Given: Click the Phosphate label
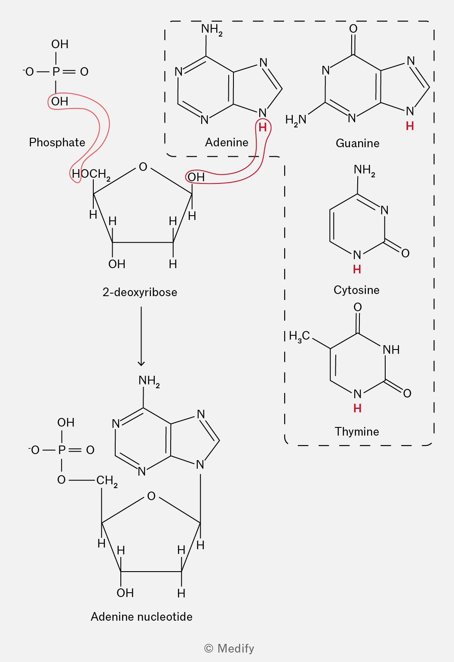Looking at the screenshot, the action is (57, 142).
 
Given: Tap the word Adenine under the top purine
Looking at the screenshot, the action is (227, 142).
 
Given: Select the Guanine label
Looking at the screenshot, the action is (357, 143).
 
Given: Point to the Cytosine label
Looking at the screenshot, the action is (356, 290).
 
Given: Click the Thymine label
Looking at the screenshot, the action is (356, 432).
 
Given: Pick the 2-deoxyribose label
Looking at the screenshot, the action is (140, 292).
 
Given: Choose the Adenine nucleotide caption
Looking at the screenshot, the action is (141, 617).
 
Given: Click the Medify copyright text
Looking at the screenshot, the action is (229, 648).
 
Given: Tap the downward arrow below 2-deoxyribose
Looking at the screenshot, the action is (141, 336).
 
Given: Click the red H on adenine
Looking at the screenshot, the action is (262, 128).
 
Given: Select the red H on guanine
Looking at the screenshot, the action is (410, 126).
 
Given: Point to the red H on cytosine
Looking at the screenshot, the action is (357, 269).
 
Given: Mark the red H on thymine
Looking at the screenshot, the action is (357, 408).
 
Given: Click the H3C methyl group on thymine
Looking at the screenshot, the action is (299, 336).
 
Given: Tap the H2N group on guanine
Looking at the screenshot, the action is (295, 120).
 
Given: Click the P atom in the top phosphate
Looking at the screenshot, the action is (56, 71).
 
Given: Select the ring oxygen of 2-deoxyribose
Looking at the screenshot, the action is (143, 167).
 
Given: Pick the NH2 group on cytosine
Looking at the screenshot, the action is (364, 170).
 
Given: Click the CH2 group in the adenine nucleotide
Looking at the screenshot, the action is (107, 480).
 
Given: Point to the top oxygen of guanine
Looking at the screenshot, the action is (353, 29).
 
